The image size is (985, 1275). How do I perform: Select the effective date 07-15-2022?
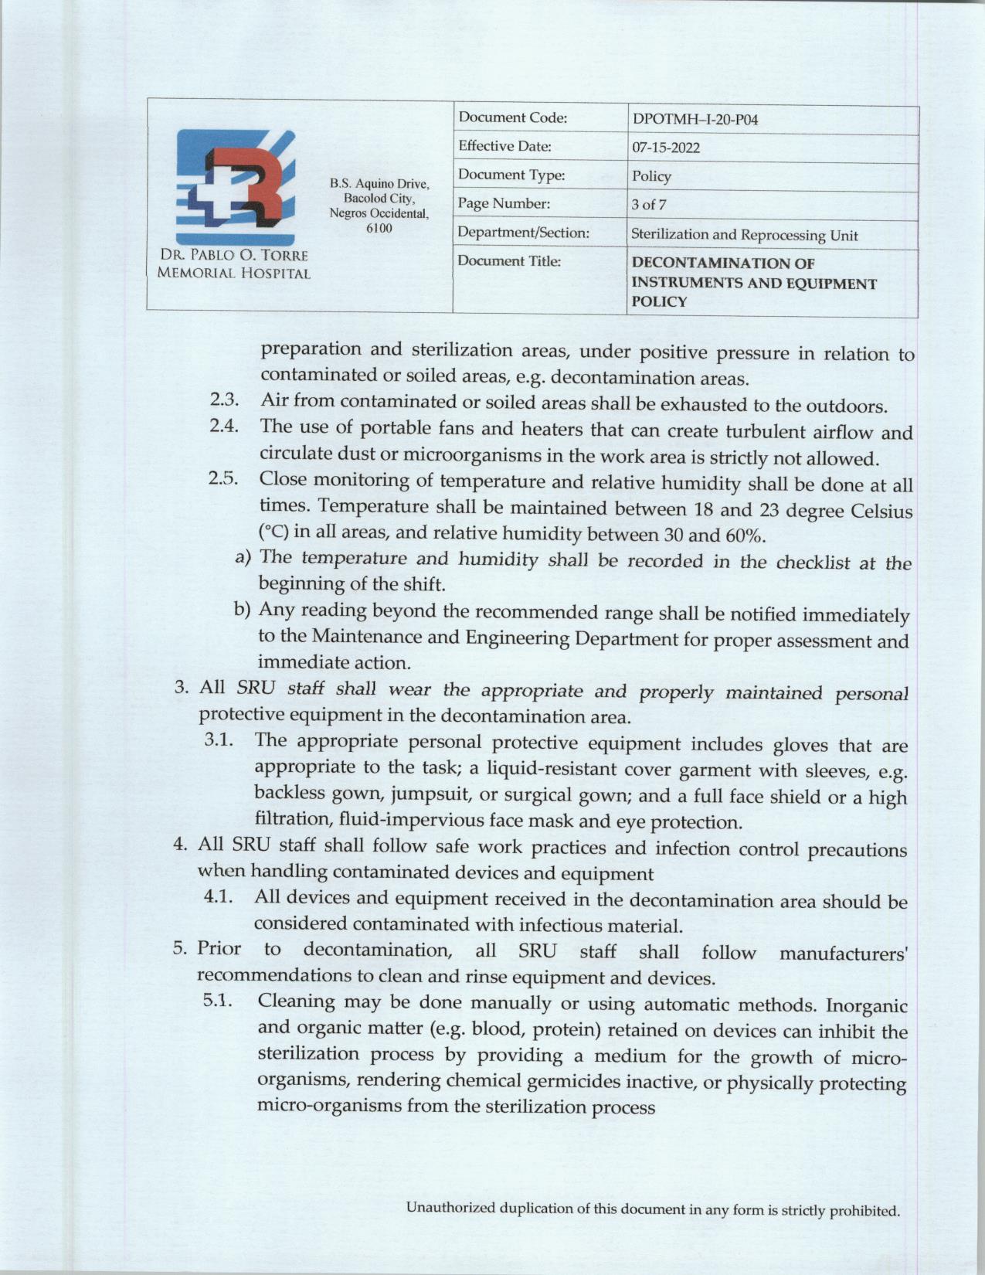[665, 148]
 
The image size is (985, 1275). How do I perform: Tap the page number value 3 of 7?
[648, 205]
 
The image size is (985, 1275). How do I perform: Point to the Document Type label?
[511, 175]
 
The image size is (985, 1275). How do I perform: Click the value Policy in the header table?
[651, 176]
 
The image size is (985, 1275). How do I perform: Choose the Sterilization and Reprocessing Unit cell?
[744, 235]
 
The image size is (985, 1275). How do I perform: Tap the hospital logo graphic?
[234, 186]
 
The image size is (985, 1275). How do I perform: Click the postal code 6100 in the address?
[379, 228]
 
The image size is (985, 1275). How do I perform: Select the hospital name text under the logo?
[233, 263]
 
